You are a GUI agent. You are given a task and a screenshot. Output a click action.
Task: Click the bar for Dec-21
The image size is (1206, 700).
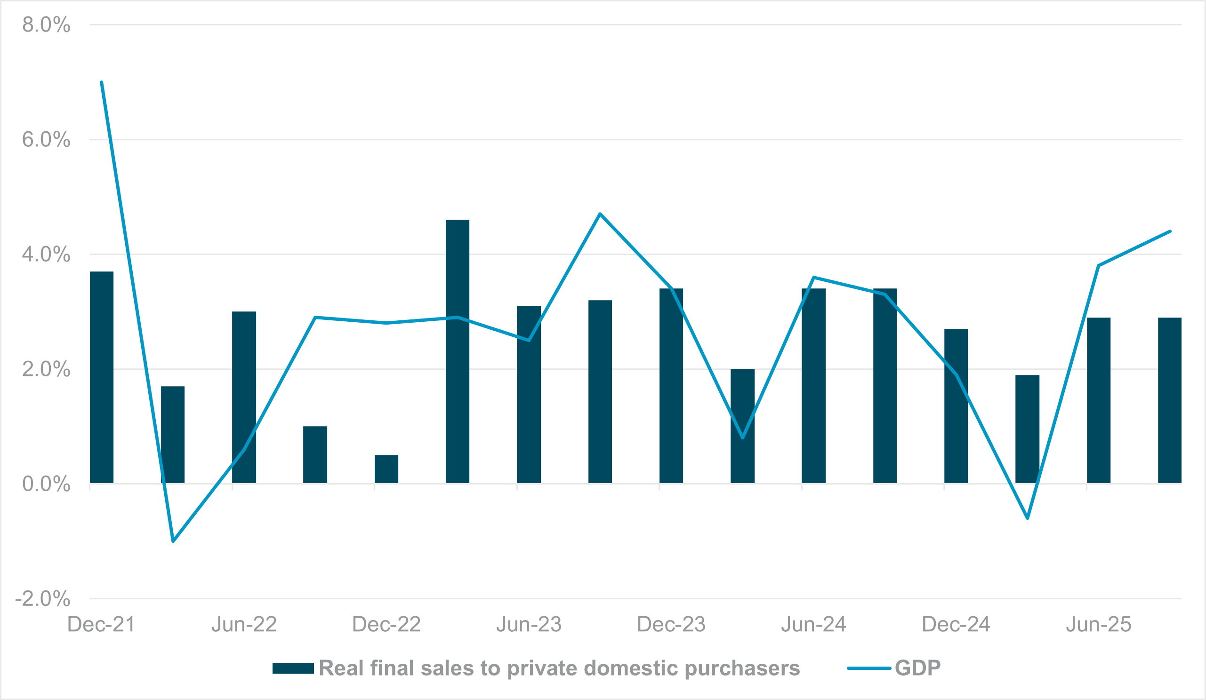(102, 378)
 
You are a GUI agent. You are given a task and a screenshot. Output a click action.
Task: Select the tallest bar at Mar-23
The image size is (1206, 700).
(458, 351)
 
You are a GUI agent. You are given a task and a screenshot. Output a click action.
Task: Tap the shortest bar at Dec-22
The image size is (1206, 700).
(386, 469)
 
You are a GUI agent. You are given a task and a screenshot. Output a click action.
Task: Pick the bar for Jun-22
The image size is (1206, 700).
(244, 397)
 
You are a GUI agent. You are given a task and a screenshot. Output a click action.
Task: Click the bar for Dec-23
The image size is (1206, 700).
(671, 386)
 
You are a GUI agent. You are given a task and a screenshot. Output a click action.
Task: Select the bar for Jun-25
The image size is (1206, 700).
(1099, 400)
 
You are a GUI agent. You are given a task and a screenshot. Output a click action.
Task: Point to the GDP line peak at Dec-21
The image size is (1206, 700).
(102, 82)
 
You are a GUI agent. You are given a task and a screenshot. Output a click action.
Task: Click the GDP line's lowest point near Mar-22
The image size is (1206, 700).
(173, 541)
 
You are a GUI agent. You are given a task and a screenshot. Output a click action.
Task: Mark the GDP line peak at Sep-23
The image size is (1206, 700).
(600, 214)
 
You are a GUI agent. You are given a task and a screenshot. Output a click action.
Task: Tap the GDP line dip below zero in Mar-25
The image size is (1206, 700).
(1028, 518)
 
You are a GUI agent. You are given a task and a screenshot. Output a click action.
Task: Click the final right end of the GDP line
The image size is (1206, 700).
(1170, 231)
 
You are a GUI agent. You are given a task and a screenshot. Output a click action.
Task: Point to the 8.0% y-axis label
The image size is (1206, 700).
(46, 25)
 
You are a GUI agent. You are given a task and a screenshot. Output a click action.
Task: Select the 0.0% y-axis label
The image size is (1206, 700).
(46, 484)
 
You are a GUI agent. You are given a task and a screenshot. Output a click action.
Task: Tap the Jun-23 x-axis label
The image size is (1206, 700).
(529, 624)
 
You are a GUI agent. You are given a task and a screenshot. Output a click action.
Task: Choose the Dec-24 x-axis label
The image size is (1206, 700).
(956, 624)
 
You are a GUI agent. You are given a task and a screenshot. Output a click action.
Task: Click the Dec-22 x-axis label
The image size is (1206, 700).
(386, 624)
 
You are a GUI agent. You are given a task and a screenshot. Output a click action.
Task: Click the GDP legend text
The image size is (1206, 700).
(917, 668)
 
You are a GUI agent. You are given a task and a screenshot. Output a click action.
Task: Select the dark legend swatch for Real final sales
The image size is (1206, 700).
(293, 668)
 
